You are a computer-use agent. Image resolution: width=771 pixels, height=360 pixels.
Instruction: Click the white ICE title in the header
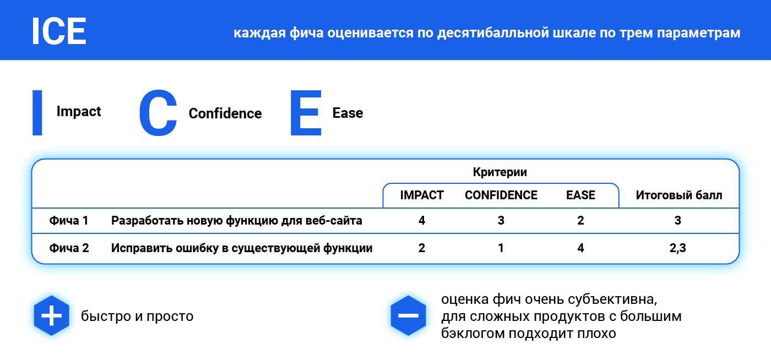(59, 31)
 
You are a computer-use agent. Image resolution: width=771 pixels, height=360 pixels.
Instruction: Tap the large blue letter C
(158, 113)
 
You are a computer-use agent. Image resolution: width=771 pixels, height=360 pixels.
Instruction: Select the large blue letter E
(306, 113)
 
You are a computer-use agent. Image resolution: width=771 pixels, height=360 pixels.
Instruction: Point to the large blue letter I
(37, 113)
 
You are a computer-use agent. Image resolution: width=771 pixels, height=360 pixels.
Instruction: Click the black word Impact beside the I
(79, 112)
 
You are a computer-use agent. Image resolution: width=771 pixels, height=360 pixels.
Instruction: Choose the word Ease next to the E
(348, 113)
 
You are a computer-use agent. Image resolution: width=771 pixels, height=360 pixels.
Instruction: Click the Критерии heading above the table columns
(500, 172)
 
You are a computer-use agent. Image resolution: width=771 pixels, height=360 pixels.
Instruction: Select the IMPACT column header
(422, 195)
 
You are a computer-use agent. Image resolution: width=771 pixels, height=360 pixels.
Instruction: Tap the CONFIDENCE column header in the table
(501, 195)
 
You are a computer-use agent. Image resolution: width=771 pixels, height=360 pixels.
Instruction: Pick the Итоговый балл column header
(678, 195)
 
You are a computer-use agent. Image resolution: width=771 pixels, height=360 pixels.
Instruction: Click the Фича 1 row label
(69, 220)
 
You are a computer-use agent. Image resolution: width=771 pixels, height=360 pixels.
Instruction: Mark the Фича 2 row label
(69, 248)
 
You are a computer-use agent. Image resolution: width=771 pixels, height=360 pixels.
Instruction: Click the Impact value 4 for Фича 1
(422, 220)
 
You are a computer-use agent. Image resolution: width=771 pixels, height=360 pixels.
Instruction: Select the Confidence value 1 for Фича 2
(501, 248)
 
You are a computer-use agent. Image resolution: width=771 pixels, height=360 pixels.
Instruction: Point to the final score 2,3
(678, 248)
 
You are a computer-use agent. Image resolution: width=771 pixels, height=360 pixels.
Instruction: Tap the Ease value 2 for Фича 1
(580, 220)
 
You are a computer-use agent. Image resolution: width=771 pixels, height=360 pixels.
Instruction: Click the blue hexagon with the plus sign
(52, 315)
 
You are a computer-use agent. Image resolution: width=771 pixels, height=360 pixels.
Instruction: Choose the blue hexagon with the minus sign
(408, 315)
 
